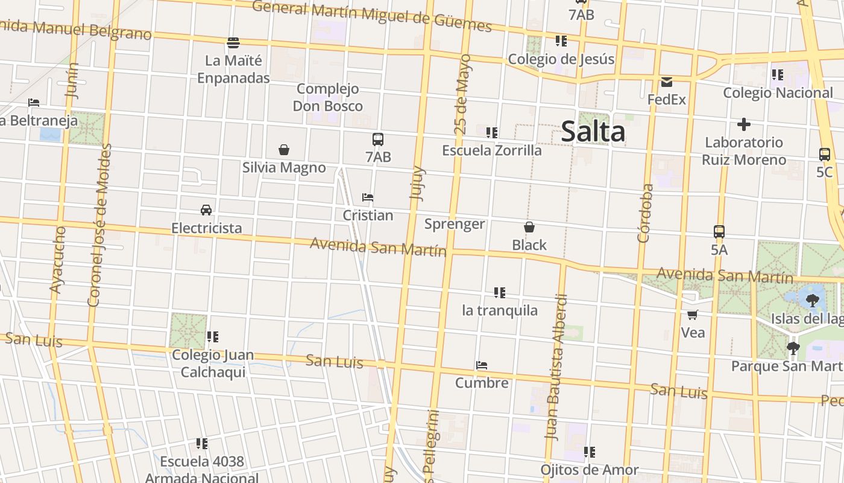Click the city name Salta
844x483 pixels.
coord(593,132)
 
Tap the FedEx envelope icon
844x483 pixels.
coord(666,82)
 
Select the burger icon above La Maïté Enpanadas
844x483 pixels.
coord(233,43)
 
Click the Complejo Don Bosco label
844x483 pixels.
coord(327,97)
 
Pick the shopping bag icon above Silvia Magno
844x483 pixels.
coord(283,150)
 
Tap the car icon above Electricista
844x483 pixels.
coord(206,210)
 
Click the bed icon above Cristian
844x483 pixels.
coord(368,197)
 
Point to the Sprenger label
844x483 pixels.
coord(455,224)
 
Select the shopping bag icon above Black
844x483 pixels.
coord(529,227)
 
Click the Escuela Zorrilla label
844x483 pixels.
coord(492,150)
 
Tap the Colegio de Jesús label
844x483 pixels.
coord(561,59)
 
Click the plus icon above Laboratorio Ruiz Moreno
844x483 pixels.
coord(743,125)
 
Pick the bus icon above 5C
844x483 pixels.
coord(824,154)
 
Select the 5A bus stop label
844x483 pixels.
coord(719,249)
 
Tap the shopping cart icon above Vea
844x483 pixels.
coord(693,315)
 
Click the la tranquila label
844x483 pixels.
coord(499,310)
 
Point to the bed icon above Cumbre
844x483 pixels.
coord(481,365)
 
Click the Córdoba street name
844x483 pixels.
coord(644,213)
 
